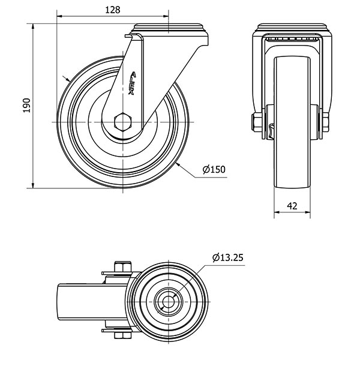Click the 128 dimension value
pyautogui.click(x=113, y=10)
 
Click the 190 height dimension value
pyautogui.click(x=26, y=106)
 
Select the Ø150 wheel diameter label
pyautogui.click(x=214, y=169)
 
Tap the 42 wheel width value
pyautogui.click(x=292, y=206)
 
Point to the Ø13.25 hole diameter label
pyautogui.click(x=228, y=257)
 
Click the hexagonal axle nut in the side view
pyautogui.click(x=123, y=122)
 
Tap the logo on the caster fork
pyautogui.click(x=132, y=83)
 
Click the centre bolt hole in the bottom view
pyautogui.click(x=168, y=302)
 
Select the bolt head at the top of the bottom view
pyautogui.click(x=122, y=266)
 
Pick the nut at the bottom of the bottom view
pyautogui.click(x=122, y=335)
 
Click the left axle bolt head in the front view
pyautogui.click(x=257, y=122)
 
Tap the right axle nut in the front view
pyautogui.click(x=325, y=122)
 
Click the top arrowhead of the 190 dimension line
pyautogui.click(x=33, y=26)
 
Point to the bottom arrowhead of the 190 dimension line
pyautogui.click(x=33, y=185)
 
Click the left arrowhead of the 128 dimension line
pyautogui.click(x=59, y=16)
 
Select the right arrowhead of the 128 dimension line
pyautogui.click(x=166, y=16)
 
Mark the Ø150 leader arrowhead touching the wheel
pyautogui.click(x=178, y=165)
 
